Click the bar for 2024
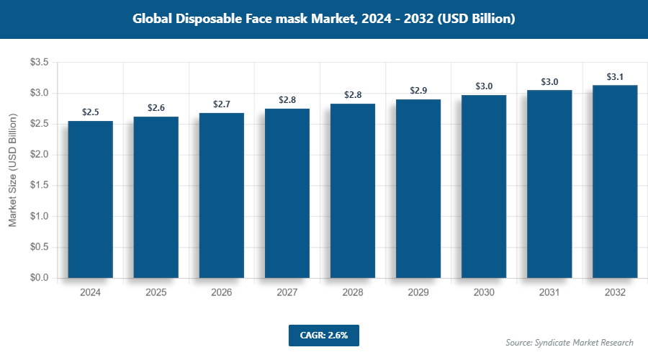pyautogui.click(x=91, y=199)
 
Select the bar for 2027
pyautogui.click(x=287, y=193)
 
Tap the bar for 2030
pyautogui.click(x=484, y=186)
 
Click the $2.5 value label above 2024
pyautogui.click(x=91, y=112)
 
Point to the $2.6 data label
pyautogui.click(x=156, y=108)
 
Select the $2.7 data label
pyautogui.click(x=222, y=104)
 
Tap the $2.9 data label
pyautogui.click(x=418, y=91)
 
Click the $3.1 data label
pyautogui.click(x=615, y=76)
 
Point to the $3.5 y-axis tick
pyautogui.click(x=39, y=63)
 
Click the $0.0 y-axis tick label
pyautogui.click(x=39, y=278)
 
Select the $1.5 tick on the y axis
pyautogui.click(x=39, y=186)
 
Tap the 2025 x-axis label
pyautogui.click(x=156, y=293)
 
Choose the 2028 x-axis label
pyautogui.click(x=353, y=293)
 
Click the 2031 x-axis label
pyautogui.click(x=549, y=293)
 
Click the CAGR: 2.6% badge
pyautogui.click(x=323, y=335)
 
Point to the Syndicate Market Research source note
pyautogui.click(x=570, y=342)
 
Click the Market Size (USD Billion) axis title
pyautogui.click(x=12, y=171)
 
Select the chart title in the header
pyautogui.click(x=323, y=19)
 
